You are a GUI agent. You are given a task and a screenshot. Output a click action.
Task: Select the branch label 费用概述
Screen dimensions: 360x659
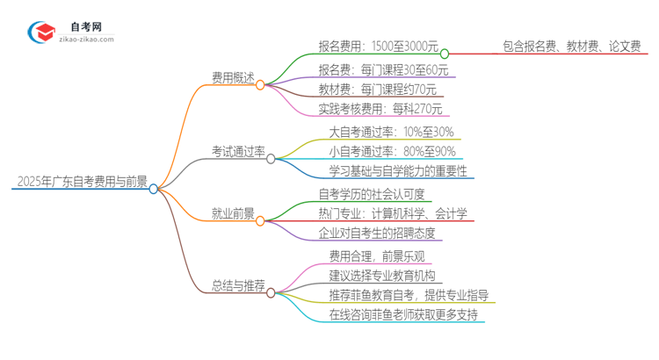coord(233,77)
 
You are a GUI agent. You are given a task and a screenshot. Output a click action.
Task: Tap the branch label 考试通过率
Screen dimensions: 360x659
coord(238,152)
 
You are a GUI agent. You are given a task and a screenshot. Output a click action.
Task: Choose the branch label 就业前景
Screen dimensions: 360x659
coord(233,212)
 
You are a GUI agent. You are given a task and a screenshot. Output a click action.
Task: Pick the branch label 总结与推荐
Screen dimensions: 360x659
coord(238,284)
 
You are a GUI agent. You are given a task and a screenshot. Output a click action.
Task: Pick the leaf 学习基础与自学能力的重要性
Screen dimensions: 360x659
coord(397,171)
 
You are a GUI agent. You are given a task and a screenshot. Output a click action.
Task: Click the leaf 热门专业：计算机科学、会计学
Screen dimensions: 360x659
coord(393,213)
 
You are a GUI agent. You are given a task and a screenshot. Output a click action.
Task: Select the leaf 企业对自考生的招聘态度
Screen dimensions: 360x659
coord(380,234)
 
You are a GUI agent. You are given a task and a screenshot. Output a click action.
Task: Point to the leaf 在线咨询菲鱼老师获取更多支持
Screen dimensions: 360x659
coord(404,313)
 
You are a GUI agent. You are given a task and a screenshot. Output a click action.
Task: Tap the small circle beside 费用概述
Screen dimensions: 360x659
coord(261,85)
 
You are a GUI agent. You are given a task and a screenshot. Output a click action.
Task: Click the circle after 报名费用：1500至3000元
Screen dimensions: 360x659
coord(445,53)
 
